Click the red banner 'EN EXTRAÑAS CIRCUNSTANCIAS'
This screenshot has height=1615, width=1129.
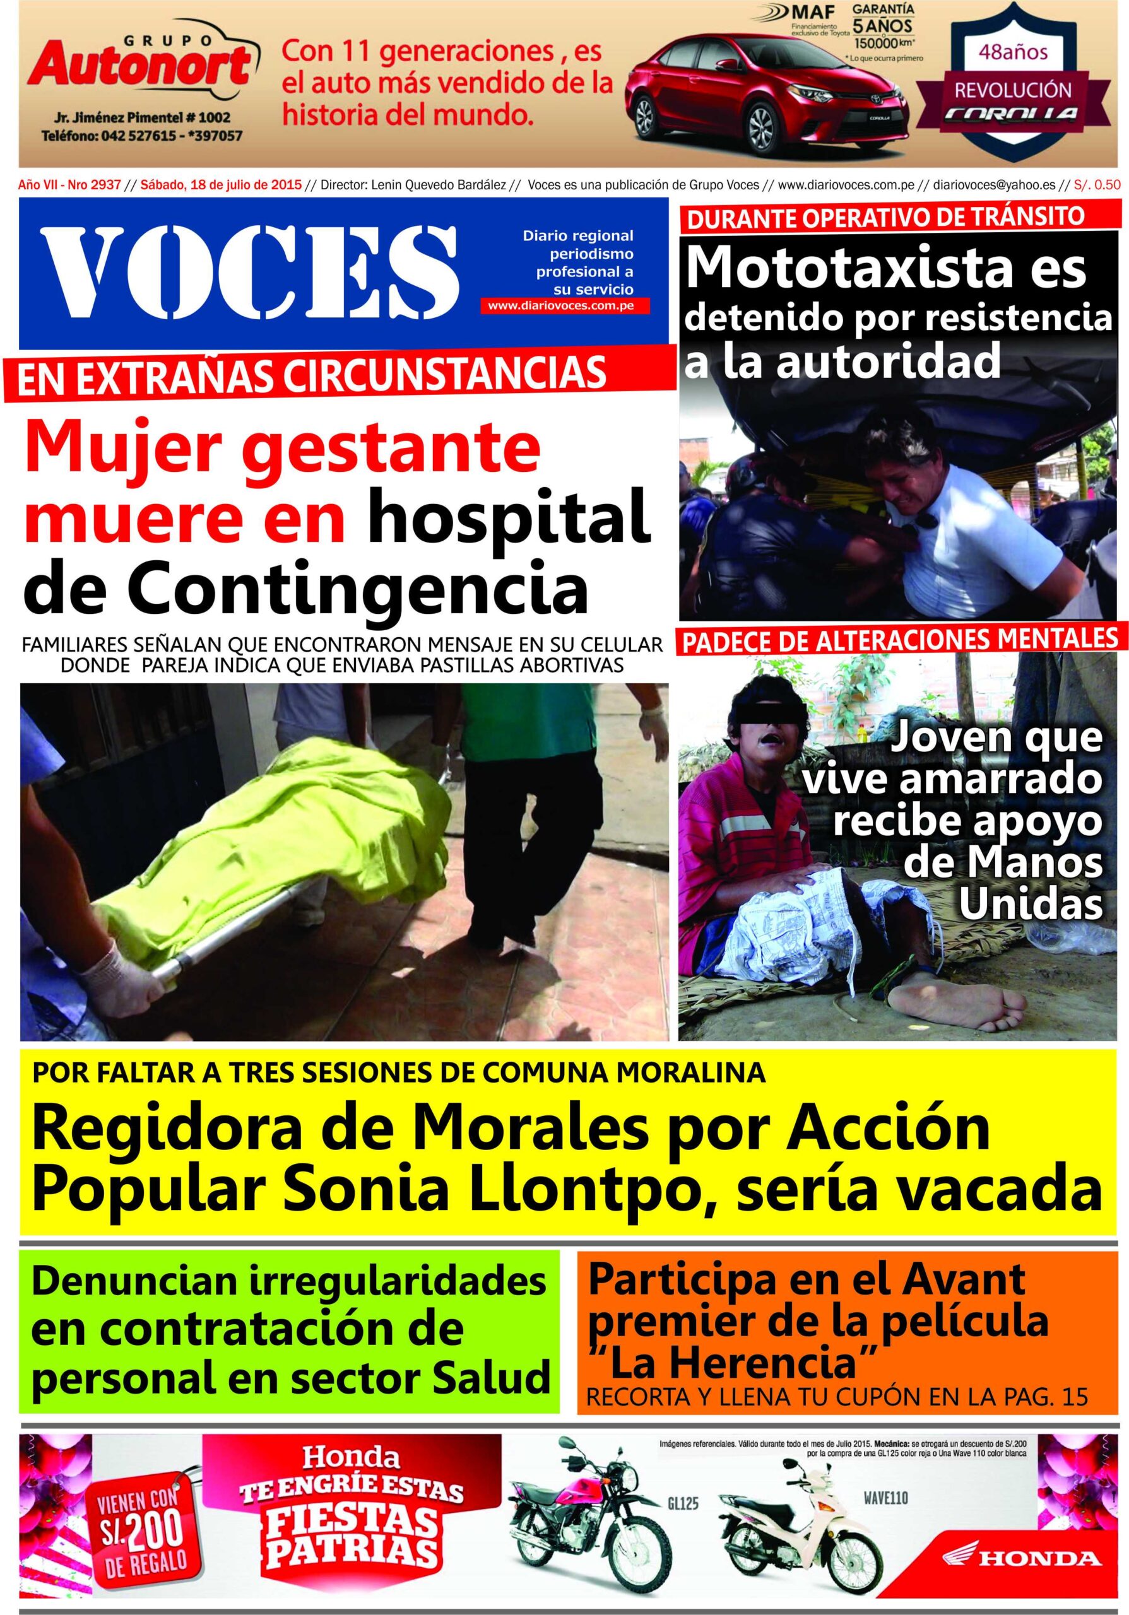point(313,373)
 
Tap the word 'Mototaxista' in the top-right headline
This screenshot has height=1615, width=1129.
point(886,267)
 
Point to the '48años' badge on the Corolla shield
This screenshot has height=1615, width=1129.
point(1020,51)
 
